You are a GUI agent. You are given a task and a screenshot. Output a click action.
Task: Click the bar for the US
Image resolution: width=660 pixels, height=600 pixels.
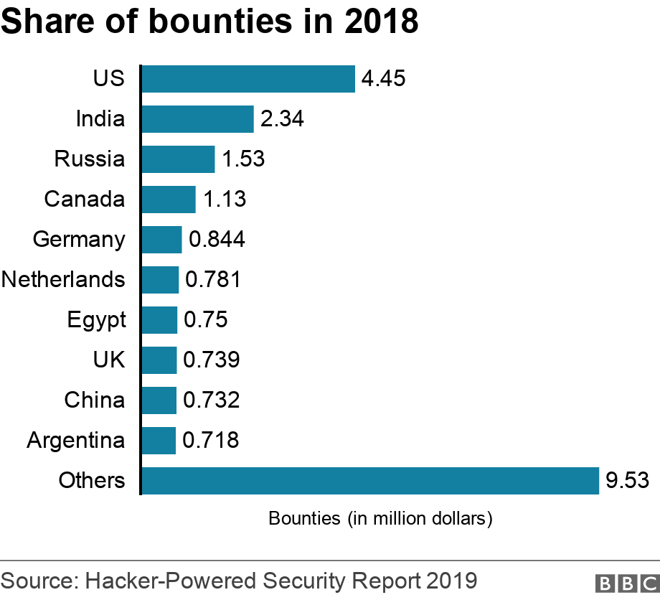click(248, 79)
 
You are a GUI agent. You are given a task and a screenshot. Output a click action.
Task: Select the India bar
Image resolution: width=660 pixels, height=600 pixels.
click(197, 119)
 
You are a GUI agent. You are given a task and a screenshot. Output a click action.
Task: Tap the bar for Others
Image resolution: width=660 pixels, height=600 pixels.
click(370, 481)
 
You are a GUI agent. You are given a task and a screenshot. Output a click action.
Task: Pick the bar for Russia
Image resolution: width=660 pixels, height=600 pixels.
click(178, 159)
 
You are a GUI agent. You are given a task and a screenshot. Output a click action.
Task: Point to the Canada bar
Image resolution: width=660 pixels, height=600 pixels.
click(169, 200)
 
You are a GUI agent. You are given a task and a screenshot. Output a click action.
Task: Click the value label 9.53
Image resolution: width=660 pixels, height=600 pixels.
click(627, 481)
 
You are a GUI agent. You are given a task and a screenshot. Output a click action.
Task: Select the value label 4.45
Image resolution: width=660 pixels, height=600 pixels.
click(384, 78)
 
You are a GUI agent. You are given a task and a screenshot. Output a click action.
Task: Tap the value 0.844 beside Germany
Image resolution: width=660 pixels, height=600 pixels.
click(217, 240)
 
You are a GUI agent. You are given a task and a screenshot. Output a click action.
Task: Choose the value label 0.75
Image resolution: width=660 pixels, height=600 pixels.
click(206, 320)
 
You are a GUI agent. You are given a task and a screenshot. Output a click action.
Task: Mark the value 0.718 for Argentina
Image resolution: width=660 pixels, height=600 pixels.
click(211, 441)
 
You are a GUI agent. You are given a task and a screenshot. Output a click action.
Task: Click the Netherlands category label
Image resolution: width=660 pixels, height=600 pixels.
click(63, 279)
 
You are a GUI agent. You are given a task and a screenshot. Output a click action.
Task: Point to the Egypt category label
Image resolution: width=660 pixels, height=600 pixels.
click(96, 320)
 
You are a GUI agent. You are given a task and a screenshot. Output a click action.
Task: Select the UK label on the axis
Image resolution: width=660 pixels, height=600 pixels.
click(108, 360)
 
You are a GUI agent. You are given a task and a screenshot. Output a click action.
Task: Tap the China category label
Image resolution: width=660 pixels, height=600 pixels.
click(94, 400)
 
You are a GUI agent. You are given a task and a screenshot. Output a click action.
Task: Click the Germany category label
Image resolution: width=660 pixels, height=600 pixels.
click(79, 240)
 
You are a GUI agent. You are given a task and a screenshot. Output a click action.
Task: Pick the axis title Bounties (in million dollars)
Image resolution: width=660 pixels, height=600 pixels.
click(380, 518)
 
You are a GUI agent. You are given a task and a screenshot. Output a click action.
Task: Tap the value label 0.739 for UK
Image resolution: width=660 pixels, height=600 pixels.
click(211, 360)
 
